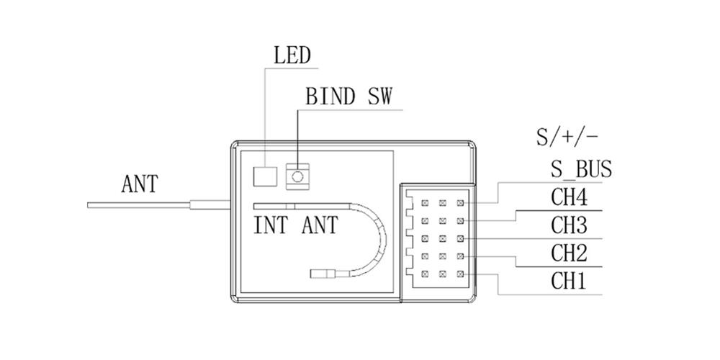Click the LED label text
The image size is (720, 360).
(292, 56)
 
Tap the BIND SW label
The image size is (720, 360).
(349, 97)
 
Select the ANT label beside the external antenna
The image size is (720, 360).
(139, 185)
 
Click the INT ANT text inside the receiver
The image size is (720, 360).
(296, 225)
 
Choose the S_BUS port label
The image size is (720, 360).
(580, 170)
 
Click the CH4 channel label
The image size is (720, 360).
(569, 197)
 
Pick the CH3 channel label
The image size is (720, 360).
(569, 225)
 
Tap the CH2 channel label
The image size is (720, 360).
(569, 253)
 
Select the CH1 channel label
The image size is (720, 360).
(569, 280)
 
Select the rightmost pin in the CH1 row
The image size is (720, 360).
(460, 274)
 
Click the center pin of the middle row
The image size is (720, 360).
(443, 239)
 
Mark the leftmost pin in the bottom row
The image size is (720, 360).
(425, 274)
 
